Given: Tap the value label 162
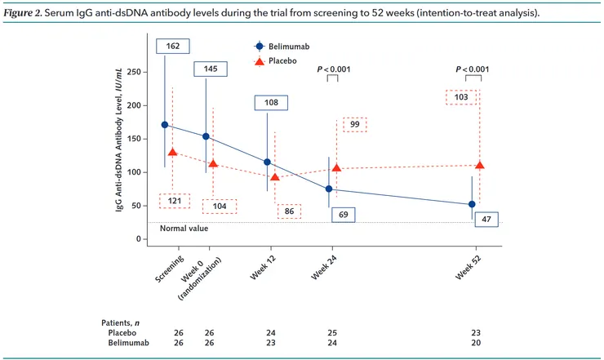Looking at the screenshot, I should pos(173,47).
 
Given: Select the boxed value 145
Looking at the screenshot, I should pos(210,69).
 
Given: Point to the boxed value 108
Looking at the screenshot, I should pos(271,103).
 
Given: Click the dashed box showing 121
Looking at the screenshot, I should pos(174,201).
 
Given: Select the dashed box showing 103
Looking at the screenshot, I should pos(461,96).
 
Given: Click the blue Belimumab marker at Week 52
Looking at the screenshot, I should pos(472,204).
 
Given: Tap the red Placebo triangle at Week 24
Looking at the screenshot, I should pos(336,168).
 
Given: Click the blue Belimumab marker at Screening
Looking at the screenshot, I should pos(165,125).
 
